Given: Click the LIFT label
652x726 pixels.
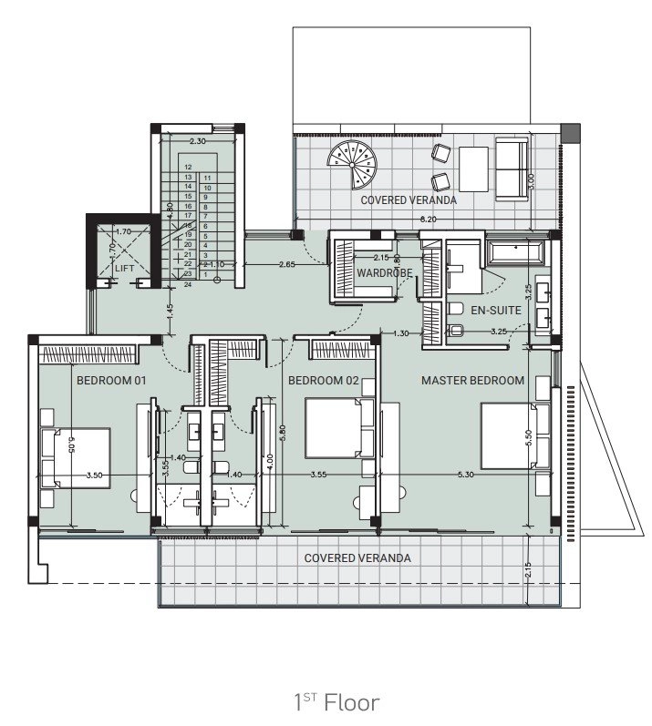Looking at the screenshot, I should coord(125,268).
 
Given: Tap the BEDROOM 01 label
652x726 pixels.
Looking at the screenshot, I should coord(111,380).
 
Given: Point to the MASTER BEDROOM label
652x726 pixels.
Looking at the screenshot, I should coord(472,380).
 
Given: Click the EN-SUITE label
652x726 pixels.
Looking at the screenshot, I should coord(495,311).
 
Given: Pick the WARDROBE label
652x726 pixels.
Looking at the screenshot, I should coord(385,273).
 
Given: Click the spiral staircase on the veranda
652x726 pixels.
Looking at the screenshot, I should coord(353,165).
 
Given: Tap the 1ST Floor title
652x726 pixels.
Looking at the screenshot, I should coord(336,701).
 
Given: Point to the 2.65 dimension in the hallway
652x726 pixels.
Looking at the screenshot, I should coord(286,265).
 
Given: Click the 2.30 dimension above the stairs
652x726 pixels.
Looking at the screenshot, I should coord(198,141).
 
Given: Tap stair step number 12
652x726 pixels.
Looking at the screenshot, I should coord(187,168).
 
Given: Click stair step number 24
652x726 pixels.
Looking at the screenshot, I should coord(187,284).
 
